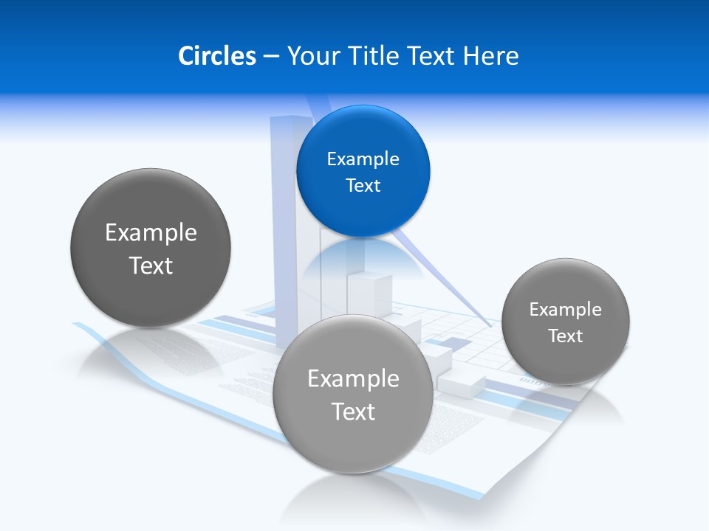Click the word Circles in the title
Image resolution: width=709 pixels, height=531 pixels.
[216, 56]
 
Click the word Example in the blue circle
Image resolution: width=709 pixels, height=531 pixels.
[363, 159]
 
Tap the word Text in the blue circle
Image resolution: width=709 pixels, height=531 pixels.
[363, 185]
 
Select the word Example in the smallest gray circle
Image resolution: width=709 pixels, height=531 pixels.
[565, 309]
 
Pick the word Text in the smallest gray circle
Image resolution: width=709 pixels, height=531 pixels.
[565, 336]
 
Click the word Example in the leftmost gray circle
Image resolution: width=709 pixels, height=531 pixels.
[151, 232]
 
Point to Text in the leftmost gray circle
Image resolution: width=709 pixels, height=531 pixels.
[151, 265]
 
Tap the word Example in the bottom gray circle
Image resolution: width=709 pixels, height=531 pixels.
[353, 378]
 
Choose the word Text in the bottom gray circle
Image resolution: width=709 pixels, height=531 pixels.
[353, 412]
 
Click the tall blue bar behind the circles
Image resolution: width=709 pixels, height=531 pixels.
[284, 221]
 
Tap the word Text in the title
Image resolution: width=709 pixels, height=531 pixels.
[431, 56]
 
